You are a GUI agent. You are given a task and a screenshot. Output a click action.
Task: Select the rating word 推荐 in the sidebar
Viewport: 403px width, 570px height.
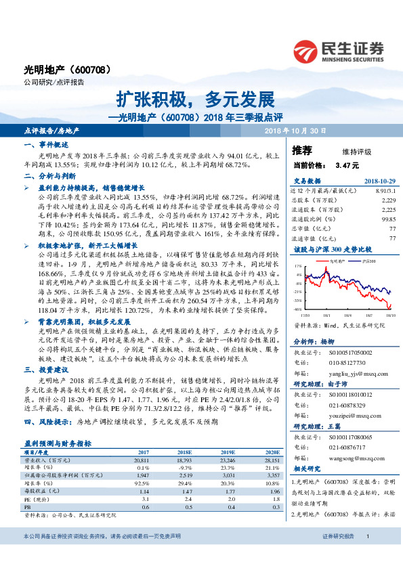(x=301, y=150)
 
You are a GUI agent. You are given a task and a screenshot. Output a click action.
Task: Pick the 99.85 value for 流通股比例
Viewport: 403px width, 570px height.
(x=388, y=219)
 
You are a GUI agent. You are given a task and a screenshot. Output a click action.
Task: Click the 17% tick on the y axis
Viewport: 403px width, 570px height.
(x=299, y=267)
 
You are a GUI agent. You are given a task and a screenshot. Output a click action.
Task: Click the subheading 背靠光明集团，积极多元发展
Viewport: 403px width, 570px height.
(x=83, y=322)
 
